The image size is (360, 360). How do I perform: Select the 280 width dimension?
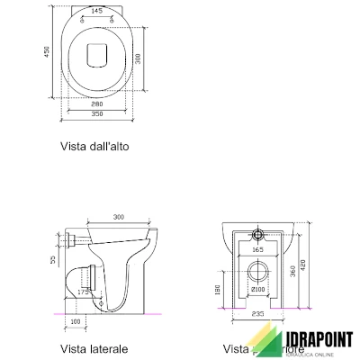point(97,104)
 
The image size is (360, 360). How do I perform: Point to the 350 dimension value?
point(97,115)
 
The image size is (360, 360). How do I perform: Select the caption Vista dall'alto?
point(100,146)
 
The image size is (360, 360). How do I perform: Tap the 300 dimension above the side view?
point(119,217)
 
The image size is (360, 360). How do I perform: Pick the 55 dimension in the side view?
point(53,259)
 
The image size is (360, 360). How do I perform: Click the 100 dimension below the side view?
point(75,320)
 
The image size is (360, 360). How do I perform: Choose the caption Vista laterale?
point(94,348)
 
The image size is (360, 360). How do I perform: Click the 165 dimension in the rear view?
point(256,248)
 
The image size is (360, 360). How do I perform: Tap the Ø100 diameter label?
point(256,290)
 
